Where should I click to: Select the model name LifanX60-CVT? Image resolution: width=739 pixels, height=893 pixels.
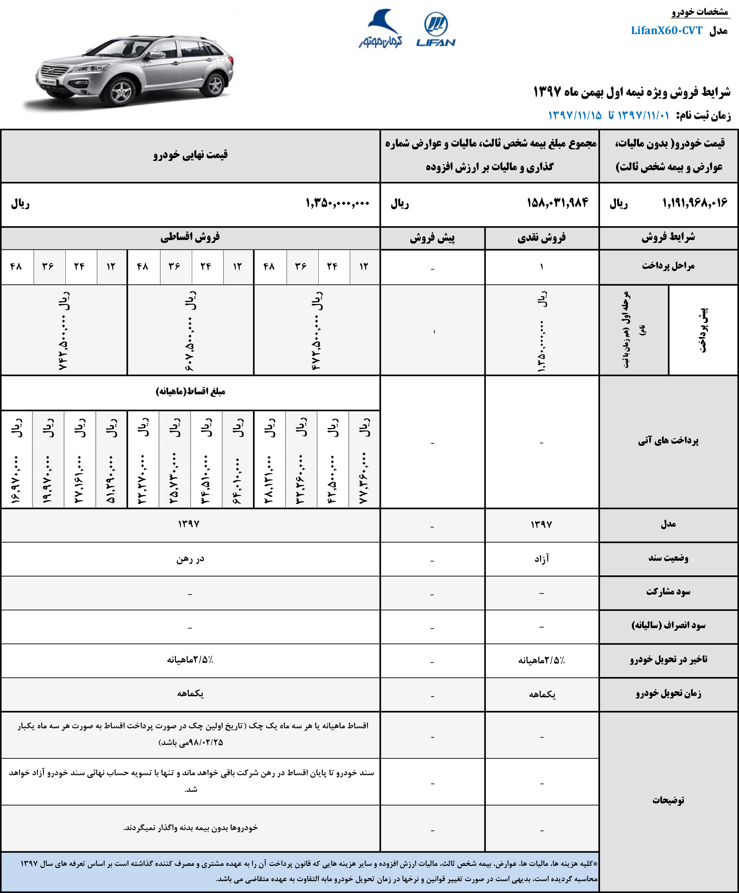point(666,31)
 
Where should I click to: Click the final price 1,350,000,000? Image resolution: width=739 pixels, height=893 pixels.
point(337,203)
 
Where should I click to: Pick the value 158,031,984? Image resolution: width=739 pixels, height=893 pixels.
point(557,203)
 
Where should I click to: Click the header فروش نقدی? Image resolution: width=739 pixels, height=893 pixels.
point(541,238)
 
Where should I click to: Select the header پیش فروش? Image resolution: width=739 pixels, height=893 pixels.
point(432,238)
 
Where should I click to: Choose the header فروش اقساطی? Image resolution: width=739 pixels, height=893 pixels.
point(190,237)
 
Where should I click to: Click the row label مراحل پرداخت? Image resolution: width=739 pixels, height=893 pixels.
point(668,266)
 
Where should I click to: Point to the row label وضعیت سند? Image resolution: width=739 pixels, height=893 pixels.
point(668,558)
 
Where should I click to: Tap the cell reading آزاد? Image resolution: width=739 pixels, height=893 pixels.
point(542,559)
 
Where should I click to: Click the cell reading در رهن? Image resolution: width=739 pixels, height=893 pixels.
point(190,559)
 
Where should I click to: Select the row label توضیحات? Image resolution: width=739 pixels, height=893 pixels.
point(668,800)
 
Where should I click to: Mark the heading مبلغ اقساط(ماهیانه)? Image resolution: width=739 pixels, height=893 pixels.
point(190,391)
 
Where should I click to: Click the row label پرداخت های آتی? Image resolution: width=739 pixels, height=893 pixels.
point(668,441)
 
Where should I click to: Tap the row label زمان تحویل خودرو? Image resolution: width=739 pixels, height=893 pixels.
point(668,694)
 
